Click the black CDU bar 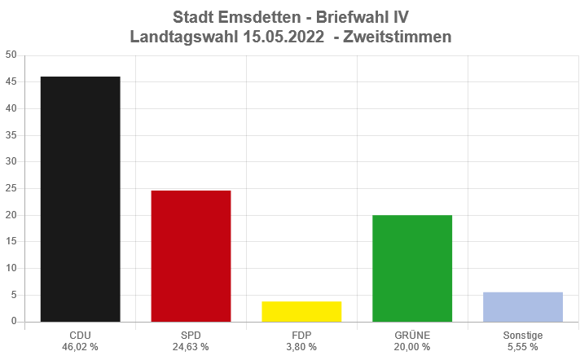point(80,199)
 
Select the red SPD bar point(191,256)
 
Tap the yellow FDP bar point(301,311)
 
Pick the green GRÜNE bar point(412,268)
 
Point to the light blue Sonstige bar point(523,306)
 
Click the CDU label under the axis point(80,335)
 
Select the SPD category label point(191,335)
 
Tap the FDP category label point(301,335)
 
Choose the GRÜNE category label point(412,335)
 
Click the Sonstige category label point(523,335)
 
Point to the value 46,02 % point(80,347)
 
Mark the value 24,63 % point(191,347)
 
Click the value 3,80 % point(301,347)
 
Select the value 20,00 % point(412,347)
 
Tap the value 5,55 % point(523,347)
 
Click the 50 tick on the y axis point(11,55)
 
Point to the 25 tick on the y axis point(11,188)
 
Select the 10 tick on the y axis point(11,268)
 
